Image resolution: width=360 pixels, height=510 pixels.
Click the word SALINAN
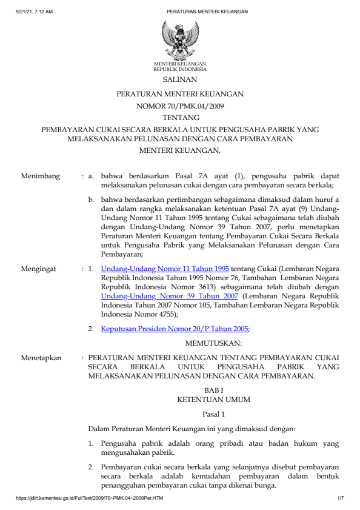(x=180, y=79)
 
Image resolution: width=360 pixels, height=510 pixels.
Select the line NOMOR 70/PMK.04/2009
(x=180, y=106)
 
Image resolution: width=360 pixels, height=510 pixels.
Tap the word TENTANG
(x=180, y=118)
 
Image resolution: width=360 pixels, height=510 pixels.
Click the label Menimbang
(x=41, y=176)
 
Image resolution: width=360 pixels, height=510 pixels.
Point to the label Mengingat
(x=40, y=267)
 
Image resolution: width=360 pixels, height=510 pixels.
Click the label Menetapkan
(x=41, y=358)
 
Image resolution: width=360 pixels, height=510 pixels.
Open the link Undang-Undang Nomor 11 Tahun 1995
(x=165, y=267)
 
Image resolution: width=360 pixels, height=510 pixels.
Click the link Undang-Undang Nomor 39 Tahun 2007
(x=170, y=295)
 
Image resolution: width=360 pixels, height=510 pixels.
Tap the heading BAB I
(x=213, y=391)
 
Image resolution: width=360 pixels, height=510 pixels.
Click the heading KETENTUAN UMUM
(x=213, y=400)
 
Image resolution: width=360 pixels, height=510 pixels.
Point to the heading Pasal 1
(x=213, y=415)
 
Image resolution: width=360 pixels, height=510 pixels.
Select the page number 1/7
(x=340, y=498)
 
